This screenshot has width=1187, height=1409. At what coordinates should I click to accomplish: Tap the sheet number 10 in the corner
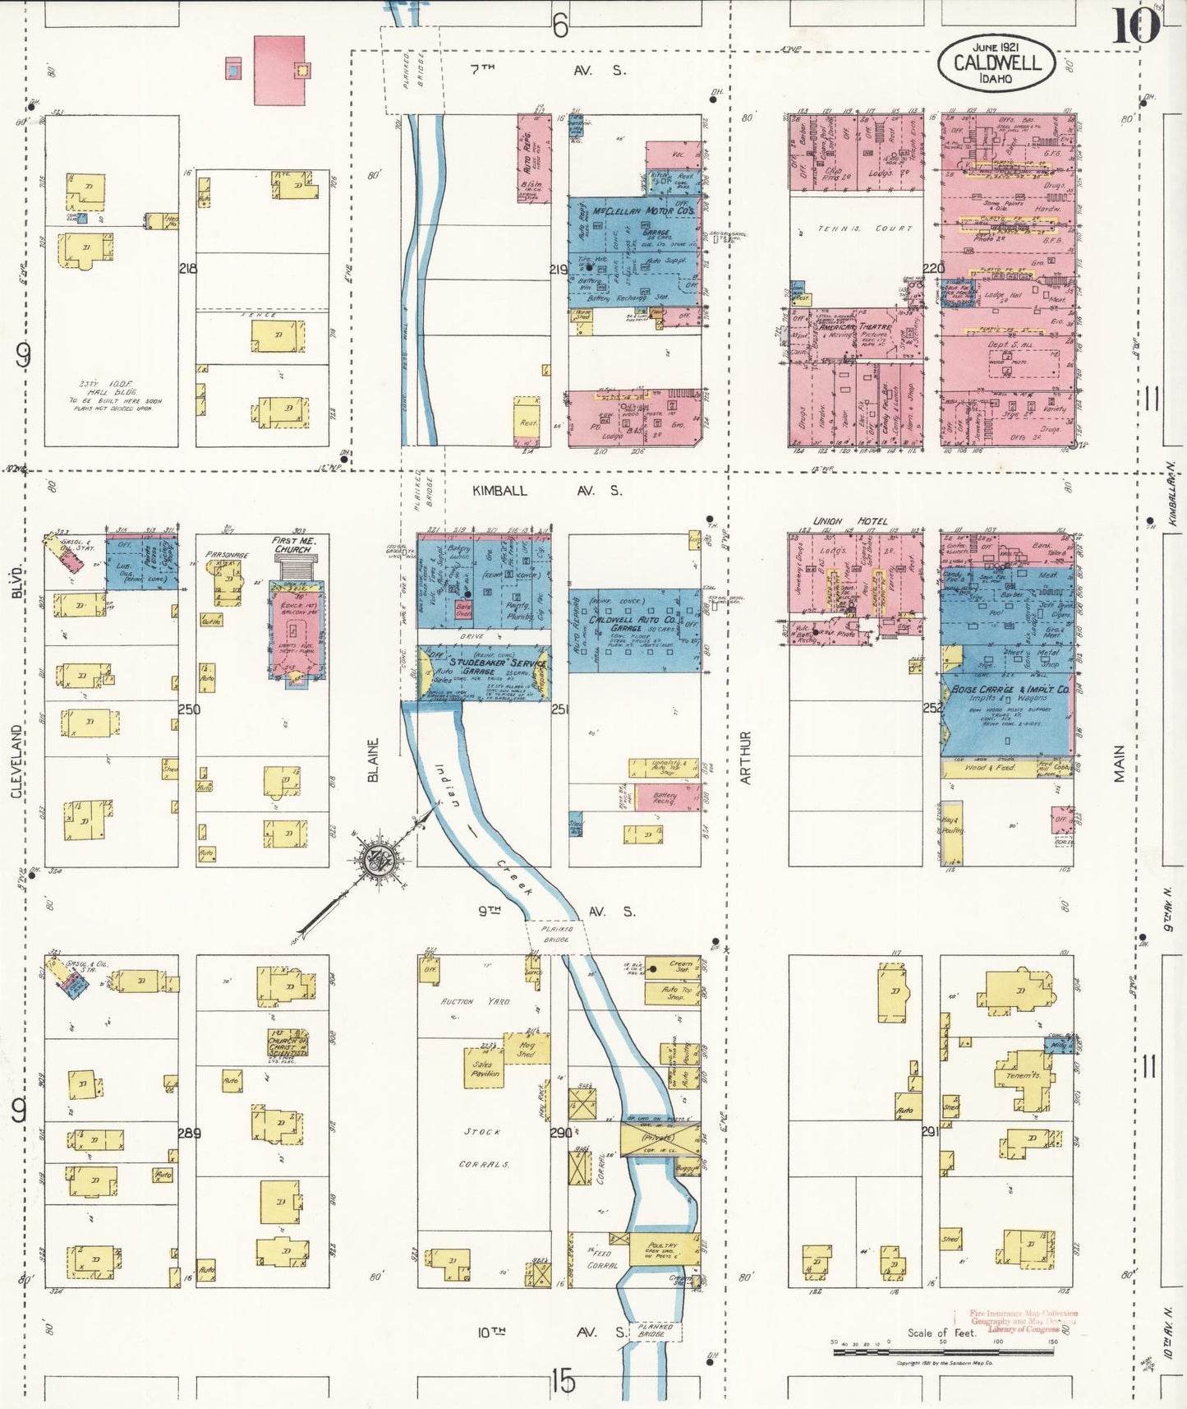[x=1135, y=26]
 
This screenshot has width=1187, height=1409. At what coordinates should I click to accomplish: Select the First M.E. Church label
[x=293, y=545]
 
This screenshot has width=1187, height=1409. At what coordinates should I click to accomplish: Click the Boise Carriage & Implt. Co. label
[x=1010, y=690]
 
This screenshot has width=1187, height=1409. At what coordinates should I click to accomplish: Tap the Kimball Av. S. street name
[x=546, y=491]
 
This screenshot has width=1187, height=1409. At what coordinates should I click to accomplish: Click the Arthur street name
[x=746, y=757]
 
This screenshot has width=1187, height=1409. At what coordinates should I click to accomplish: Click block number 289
[x=189, y=1134]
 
